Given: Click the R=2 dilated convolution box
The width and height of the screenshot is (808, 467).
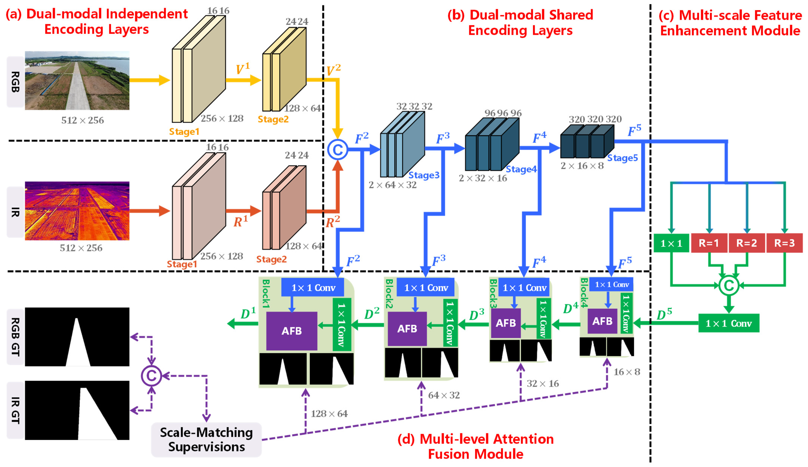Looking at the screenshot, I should [747, 243].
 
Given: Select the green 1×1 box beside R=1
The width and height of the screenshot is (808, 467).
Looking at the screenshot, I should [671, 243].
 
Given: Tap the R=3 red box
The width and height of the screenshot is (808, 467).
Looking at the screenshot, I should [784, 243].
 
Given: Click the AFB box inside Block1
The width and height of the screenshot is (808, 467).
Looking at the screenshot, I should [291, 331].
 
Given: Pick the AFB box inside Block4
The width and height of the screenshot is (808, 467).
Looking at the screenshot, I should [602, 321].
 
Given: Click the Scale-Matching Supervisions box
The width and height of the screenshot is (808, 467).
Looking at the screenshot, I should [206, 439].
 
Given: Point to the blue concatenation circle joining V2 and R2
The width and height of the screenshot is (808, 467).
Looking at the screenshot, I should [337, 149].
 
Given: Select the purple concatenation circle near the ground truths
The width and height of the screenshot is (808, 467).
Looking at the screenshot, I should [151, 376].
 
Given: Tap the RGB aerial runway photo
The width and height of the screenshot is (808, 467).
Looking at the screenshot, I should [77, 80].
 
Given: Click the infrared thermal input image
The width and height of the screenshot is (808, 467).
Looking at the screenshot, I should [77, 211].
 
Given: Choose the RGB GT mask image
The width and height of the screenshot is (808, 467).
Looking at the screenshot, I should [77, 337].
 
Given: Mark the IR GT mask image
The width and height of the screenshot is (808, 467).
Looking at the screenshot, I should [77, 410].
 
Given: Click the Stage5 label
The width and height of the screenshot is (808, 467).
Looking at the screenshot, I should [622, 158].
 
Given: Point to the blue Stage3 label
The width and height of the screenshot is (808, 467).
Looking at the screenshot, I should [424, 175].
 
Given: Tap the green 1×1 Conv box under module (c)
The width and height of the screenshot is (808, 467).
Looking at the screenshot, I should [729, 323].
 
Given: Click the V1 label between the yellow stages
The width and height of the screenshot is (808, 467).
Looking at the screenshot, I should [242, 69].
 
